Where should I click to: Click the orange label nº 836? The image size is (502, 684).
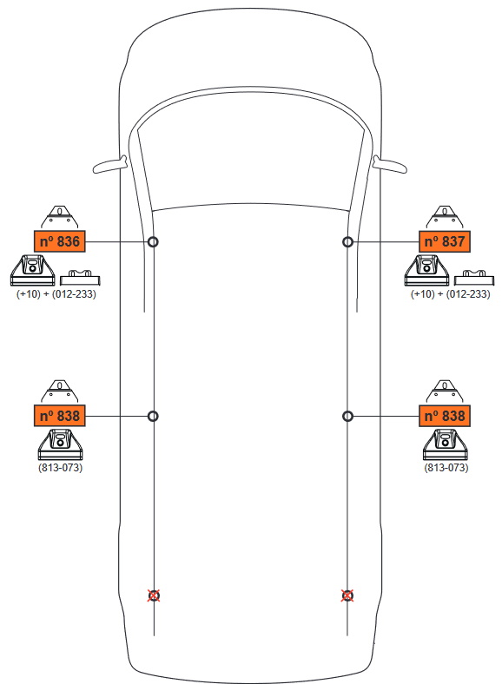pos(59,241)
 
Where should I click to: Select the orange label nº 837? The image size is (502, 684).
pos(445,241)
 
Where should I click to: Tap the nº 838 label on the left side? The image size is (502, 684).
pos(59,416)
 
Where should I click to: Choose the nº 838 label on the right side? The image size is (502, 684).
pos(445,416)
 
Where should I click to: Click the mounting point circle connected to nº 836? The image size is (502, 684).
pos(153,237)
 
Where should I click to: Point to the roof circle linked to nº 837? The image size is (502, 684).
pos(347,237)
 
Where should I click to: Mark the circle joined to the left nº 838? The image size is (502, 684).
pos(153,411)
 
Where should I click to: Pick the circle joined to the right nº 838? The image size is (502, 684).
pos(347,411)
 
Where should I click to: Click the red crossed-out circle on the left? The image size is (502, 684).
pos(154,595)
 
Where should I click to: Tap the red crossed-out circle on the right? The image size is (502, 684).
pos(347,595)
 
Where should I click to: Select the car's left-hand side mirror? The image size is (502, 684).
pos(109,165)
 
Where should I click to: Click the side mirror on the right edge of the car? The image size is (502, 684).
pos(390,165)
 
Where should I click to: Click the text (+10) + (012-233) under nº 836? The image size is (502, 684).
pos(56,294)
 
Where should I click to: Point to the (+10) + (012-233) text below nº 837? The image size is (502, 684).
pos(450,294)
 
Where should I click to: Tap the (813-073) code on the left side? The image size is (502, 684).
pos(60,468)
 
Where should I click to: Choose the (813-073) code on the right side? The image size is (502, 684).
pos(446,468)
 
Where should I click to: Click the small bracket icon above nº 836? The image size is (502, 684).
pos(59,217)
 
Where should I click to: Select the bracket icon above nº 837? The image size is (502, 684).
pos(445,217)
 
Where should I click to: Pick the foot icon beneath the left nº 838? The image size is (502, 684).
pos(60,444)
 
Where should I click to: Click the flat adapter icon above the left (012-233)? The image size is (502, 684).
pos(80,278)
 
